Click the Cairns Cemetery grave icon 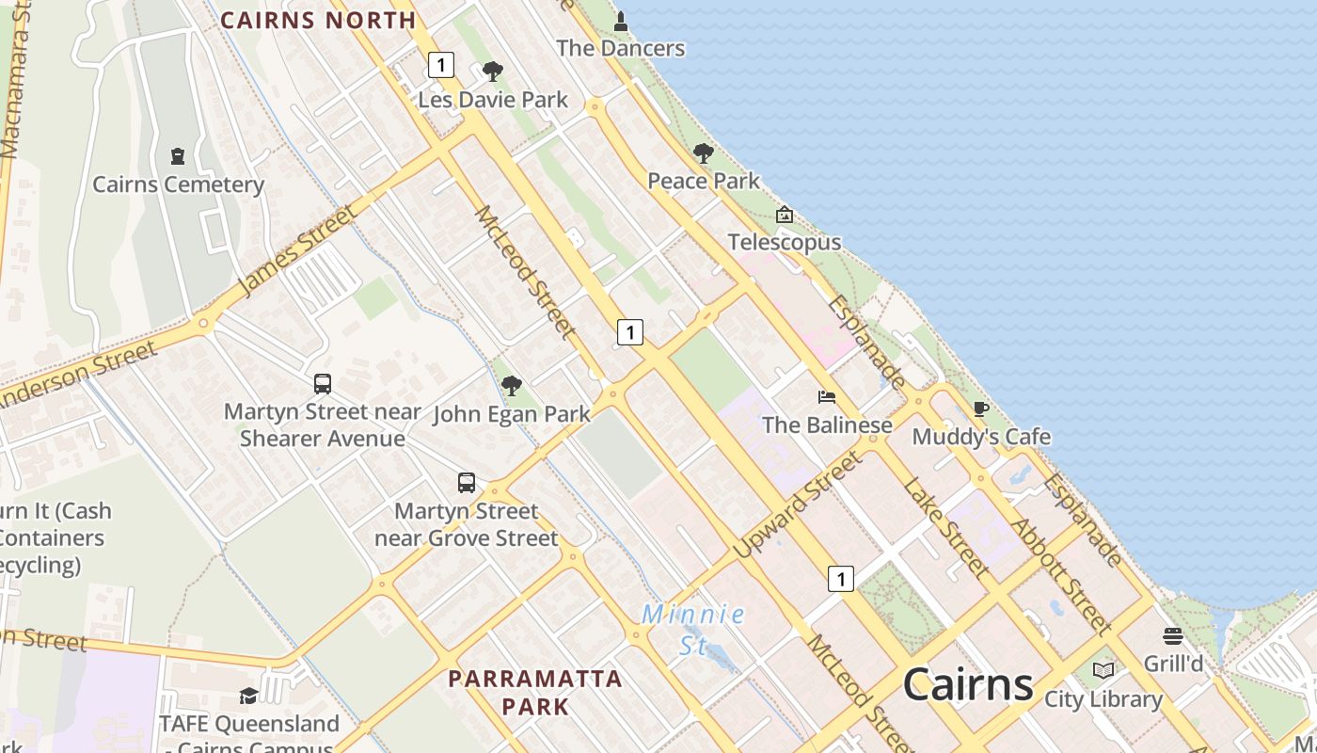pyautogui.click(x=177, y=156)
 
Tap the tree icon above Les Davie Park pyautogui.click(x=492, y=72)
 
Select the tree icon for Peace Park pyautogui.click(x=703, y=153)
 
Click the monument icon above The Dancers pyautogui.click(x=620, y=20)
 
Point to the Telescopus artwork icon pyautogui.click(x=784, y=216)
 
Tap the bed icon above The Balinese pyautogui.click(x=827, y=397)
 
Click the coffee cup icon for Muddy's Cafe pyautogui.click(x=980, y=409)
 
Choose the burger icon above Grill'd pyautogui.click(x=1172, y=636)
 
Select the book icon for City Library pyautogui.click(x=1103, y=671)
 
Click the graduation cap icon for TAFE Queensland pyautogui.click(x=248, y=696)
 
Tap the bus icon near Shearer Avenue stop pyautogui.click(x=323, y=384)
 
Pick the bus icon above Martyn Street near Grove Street pyautogui.click(x=467, y=483)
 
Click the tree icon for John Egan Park pyautogui.click(x=511, y=386)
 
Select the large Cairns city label pyautogui.click(x=968, y=684)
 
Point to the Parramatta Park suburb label pyautogui.click(x=534, y=692)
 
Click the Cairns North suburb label pyautogui.click(x=318, y=20)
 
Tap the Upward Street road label pyautogui.click(x=798, y=504)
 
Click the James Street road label pyautogui.click(x=298, y=248)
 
